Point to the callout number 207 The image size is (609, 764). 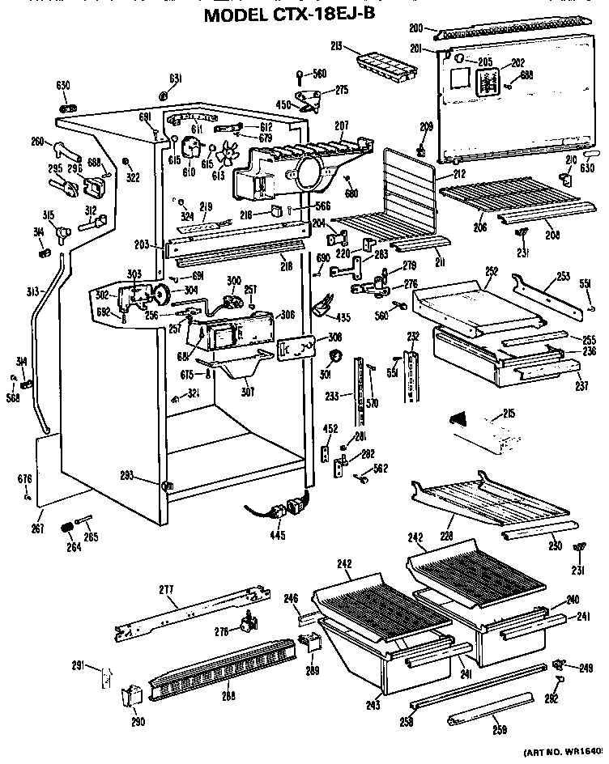(341, 126)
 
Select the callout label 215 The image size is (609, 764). (509, 414)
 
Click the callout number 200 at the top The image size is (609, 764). (416, 29)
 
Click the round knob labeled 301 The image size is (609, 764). (333, 358)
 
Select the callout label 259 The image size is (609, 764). (499, 731)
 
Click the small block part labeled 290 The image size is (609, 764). (130, 695)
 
